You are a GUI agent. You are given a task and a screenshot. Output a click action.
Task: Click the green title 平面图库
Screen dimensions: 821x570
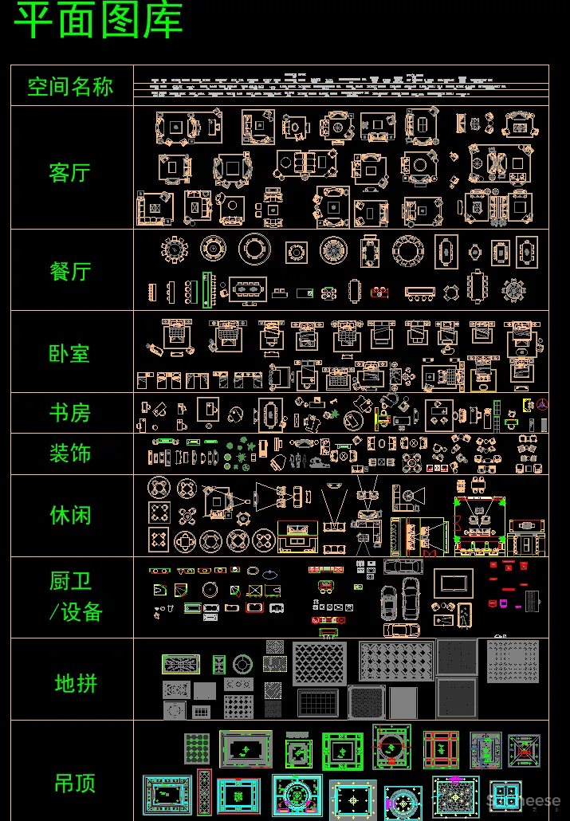click(99, 22)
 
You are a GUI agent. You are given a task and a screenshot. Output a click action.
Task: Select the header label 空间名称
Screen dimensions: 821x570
click(70, 86)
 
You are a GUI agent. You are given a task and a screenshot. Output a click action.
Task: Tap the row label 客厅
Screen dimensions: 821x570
click(70, 172)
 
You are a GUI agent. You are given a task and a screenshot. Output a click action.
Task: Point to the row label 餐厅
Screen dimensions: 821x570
click(70, 271)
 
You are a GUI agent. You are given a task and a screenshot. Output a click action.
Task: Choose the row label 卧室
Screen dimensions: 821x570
click(70, 353)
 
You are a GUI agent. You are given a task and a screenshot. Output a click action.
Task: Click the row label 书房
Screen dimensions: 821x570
click(70, 413)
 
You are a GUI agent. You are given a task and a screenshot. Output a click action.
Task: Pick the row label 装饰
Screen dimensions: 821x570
click(70, 454)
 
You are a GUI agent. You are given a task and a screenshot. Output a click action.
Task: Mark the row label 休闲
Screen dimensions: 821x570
click(70, 515)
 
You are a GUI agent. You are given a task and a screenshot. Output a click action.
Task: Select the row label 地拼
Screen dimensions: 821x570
click(76, 683)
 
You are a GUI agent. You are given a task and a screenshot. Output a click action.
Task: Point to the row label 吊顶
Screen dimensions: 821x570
click(75, 783)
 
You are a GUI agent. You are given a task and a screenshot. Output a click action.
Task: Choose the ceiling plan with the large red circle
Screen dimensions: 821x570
click(391, 747)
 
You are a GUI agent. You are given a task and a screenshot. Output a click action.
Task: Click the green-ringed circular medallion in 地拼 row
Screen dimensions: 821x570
click(242, 664)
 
